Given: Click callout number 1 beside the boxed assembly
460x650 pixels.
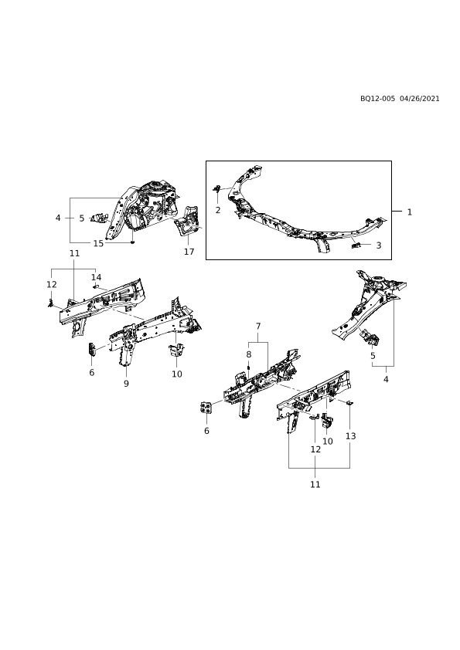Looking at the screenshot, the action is (x=409, y=212).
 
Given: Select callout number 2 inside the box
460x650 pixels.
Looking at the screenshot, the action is (x=218, y=210).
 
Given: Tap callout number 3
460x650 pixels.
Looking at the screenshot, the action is (x=379, y=245).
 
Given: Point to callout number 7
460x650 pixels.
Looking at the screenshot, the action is (x=258, y=327).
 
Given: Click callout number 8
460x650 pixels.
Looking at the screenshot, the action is (x=249, y=354).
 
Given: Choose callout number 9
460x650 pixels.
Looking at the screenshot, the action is (x=126, y=384).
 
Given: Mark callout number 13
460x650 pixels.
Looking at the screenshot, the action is (x=351, y=436).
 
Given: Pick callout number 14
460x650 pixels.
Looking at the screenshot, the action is (x=97, y=277).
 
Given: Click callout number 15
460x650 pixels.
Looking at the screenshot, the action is (x=98, y=243).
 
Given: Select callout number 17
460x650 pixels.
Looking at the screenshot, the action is (x=189, y=252).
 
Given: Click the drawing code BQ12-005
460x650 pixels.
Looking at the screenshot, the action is (x=377, y=99).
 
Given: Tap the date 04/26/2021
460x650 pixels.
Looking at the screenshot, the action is (x=420, y=99).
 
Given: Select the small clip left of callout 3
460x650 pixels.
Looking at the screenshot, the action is (x=356, y=245).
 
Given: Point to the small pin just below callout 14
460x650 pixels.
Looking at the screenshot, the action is (x=95, y=286).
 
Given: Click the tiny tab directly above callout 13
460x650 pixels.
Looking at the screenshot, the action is (x=349, y=402).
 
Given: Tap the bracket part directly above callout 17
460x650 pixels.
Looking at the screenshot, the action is (x=187, y=221).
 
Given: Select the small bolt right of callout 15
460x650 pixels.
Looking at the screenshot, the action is (x=132, y=242).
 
